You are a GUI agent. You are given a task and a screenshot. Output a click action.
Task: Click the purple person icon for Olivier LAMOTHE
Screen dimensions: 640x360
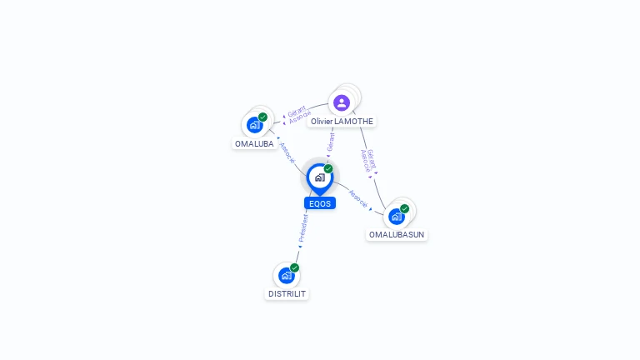pos(342,102)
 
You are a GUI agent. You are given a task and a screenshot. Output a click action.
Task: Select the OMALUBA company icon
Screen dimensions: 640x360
pos(255,125)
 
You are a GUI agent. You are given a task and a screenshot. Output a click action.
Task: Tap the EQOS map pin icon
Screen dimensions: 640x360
pos(320,179)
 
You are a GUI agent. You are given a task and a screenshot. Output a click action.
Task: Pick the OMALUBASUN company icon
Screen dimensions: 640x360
pos(397,217)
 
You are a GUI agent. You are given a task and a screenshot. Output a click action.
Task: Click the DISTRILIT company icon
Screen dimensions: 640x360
pos(287,276)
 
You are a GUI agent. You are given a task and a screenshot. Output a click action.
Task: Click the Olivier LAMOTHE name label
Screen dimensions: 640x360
pos(342,121)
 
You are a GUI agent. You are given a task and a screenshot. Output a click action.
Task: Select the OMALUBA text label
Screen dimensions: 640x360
pos(254,143)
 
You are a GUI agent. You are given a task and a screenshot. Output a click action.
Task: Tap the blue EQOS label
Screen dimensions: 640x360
pos(320,203)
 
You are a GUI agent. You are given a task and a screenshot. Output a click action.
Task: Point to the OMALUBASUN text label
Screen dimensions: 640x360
pos(397,235)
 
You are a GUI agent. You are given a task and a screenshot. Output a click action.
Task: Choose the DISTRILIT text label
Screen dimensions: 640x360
pos(287,294)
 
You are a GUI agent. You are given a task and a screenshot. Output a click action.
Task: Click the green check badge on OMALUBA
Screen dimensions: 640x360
pos(262,117)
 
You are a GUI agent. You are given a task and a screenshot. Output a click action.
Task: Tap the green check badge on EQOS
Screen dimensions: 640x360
pos(328,168)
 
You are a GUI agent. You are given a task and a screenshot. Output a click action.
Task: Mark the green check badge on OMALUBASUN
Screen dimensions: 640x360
pos(404,208)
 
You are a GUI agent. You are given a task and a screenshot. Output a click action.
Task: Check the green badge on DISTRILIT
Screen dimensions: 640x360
pos(294,267)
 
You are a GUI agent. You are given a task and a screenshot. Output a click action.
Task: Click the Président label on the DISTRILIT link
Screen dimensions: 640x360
pos(303,228)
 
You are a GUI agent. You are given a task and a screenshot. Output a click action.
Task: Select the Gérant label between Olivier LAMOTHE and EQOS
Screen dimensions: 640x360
pos(331,142)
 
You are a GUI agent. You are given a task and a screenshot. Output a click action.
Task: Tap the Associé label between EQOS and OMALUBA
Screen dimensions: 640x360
pos(287,153)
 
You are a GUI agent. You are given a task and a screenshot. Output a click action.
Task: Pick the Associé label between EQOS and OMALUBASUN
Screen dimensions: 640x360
pos(358,199)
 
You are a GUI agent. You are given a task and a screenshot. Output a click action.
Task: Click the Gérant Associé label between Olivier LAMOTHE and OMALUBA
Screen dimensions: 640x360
pos(298,114)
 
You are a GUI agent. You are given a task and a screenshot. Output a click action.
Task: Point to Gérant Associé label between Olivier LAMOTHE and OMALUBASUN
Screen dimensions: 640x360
pos(368,160)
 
